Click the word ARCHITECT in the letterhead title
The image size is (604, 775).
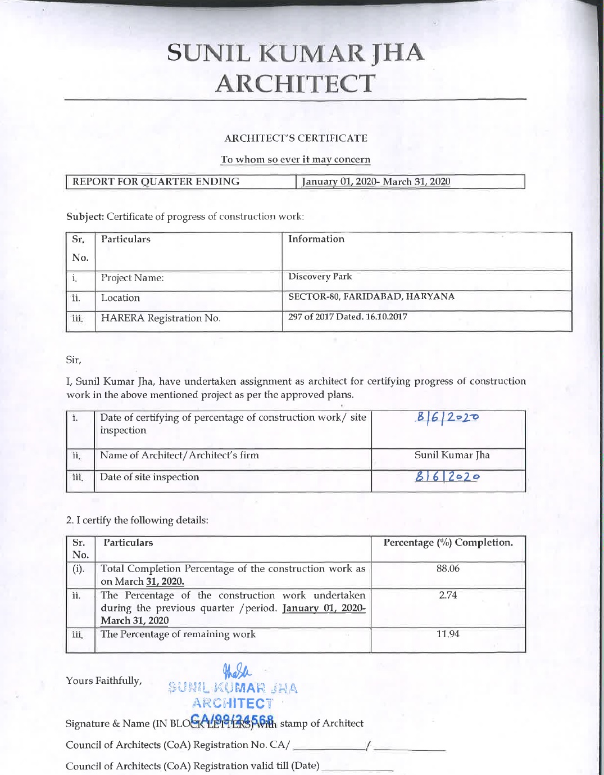(295, 84)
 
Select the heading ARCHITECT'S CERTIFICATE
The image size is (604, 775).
(296, 138)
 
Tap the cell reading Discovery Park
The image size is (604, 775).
(320, 277)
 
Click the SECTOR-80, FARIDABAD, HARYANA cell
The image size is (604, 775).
(371, 296)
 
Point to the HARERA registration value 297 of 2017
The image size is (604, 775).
(348, 317)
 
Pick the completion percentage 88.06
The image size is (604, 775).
(448, 569)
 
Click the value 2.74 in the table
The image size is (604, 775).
(448, 595)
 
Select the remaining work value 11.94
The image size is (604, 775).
(448, 634)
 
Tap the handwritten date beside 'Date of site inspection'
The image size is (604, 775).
(448, 477)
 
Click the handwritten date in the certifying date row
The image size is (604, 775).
(448, 417)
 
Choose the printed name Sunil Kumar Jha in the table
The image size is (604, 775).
(452, 455)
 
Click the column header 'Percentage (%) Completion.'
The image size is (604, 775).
(448, 543)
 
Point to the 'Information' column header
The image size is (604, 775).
(316, 239)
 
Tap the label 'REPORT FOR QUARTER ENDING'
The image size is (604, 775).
(156, 182)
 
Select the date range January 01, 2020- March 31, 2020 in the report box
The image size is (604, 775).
(376, 182)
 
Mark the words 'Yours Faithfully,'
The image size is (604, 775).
(103, 681)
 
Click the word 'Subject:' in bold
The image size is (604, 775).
(85, 217)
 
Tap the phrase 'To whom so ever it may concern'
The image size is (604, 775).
(296, 159)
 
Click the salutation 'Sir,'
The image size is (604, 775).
(73, 359)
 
